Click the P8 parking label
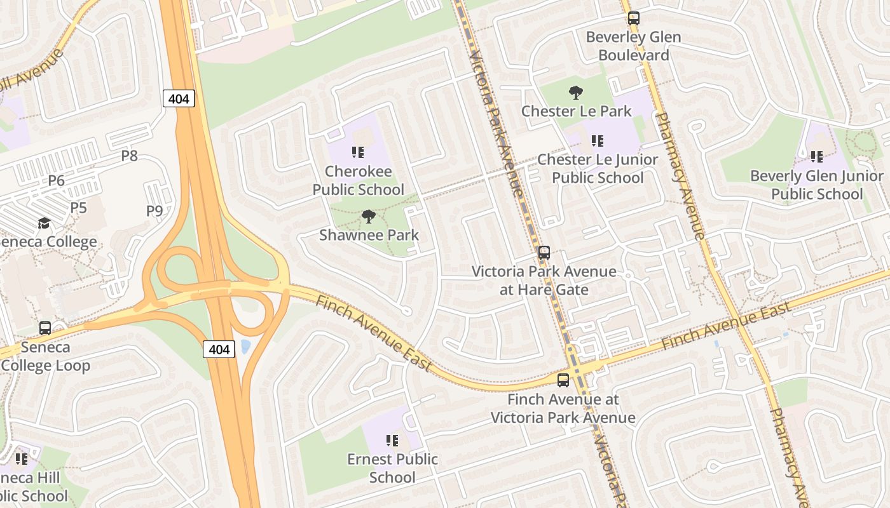(129, 156)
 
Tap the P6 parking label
(57, 181)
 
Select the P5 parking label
(78, 208)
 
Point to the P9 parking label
(154, 211)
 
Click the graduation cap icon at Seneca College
(44, 223)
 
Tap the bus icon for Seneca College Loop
(45, 328)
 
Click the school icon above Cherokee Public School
(358, 152)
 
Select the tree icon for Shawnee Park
(368, 217)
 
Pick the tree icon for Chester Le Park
(576, 93)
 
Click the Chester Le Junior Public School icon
(597, 141)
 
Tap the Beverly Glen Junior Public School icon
(817, 157)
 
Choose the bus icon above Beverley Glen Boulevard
(633, 18)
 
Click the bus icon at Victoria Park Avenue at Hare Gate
(544, 253)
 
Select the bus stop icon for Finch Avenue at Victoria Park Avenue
(563, 380)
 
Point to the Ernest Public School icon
(392, 440)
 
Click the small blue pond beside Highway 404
(245, 347)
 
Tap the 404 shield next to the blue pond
(219, 349)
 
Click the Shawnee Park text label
(369, 235)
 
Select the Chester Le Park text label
(576, 111)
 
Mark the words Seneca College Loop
(46, 356)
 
